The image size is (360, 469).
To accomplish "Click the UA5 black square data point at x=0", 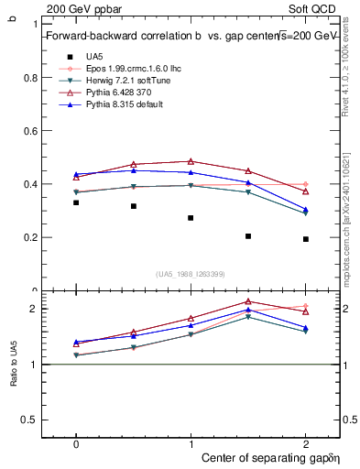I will click(x=76, y=202).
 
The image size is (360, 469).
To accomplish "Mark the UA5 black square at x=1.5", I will click(x=248, y=236).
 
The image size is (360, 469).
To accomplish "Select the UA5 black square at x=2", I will click(x=306, y=239).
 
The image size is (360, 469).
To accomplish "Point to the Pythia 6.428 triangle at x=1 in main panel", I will click(x=191, y=161).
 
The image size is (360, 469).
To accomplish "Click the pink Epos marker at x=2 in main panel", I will click(x=306, y=184).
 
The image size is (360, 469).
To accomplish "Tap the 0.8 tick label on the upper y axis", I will click(x=30, y=78).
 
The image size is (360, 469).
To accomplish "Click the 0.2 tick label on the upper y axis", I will click(x=30, y=237).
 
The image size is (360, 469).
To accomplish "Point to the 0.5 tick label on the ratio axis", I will click(x=30, y=420).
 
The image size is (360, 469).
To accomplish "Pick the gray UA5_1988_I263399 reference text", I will click(x=190, y=274).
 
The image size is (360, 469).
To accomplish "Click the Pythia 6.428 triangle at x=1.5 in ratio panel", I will click(x=248, y=301).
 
